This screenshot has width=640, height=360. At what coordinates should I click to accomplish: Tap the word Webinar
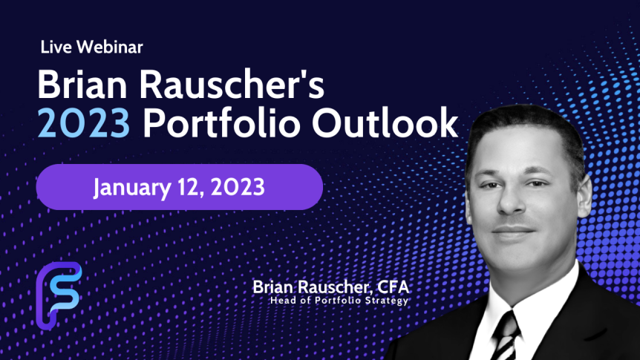[x=109, y=47]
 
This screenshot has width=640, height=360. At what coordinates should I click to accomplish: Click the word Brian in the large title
[x=82, y=85]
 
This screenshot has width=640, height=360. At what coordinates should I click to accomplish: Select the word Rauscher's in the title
[x=232, y=85]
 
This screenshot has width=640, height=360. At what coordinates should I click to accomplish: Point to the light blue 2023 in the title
[x=84, y=123]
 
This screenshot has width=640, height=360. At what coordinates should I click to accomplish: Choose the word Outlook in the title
[x=385, y=122]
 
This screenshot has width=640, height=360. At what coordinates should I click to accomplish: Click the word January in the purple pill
[x=132, y=188]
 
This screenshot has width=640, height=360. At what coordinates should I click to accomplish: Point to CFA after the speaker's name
[x=393, y=287]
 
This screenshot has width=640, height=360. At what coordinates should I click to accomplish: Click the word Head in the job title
[x=281, y=301]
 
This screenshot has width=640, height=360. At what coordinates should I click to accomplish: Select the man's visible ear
[x=584, y=197]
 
